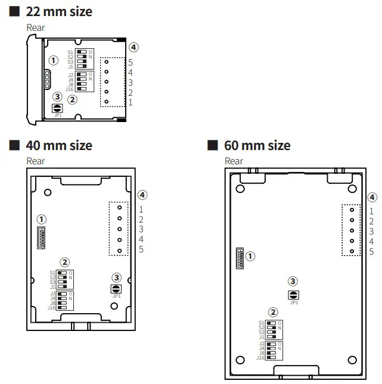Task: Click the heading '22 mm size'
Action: [x=58, y=11]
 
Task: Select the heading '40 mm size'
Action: [x=58, y=145]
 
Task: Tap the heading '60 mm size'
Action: [x=257, y=145]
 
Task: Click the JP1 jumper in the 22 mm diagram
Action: [x=58, y=108]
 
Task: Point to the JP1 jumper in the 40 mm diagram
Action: [x=117, y=289]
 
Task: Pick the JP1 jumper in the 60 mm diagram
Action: [x=293, y=295]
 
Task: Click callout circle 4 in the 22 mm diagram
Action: [x=134, y=47]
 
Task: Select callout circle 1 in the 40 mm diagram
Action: [x=42, y=219]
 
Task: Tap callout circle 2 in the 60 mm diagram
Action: [x=273, y=312]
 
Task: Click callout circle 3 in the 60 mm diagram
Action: [x=293, y=282]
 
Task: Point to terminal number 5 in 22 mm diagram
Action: [x=130, y=62]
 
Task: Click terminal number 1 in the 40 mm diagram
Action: [x=141, y=209]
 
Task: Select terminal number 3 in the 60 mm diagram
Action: [x=371, y=231]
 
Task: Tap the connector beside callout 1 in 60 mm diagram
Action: [x=240, y=257]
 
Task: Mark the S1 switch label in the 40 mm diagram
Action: [x=53, y=273]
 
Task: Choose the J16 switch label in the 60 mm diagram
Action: [x=260, y=358]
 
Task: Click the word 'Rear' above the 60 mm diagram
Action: [x=234, y=161]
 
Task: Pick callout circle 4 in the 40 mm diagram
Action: [x=142, y=195]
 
